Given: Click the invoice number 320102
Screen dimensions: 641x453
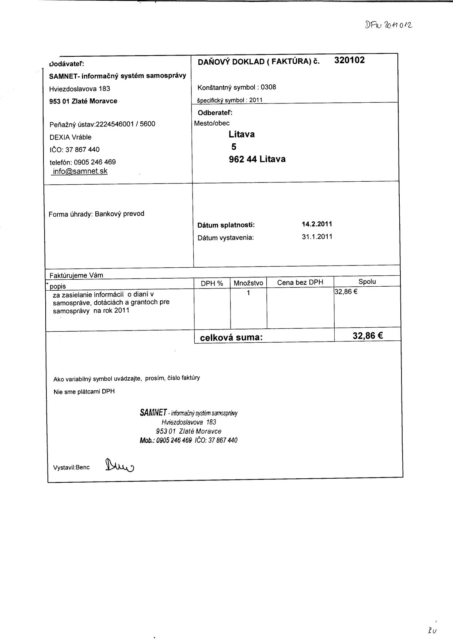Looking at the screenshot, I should coord(349,60).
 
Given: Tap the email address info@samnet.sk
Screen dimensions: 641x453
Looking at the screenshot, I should coord(80,171).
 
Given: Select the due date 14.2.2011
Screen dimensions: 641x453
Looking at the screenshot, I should coord(317,224).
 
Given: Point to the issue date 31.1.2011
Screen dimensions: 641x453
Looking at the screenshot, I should coord(317,237).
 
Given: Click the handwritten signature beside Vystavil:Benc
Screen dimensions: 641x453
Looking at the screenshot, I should coord(119,465).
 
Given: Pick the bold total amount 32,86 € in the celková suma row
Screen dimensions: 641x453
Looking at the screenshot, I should coord(368,336).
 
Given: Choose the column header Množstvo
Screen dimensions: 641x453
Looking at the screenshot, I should coord(248,283).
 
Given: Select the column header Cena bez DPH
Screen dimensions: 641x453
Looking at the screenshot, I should coord(300,282).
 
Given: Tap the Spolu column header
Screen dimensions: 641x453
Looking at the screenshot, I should coord(367,282).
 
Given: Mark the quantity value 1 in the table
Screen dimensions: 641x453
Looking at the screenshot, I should coord(248,293).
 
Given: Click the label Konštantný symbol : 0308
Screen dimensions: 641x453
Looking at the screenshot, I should coord(237,87).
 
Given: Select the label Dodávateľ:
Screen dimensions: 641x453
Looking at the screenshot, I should coord(67,64).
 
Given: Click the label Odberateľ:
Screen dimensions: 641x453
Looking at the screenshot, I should coord(215,113).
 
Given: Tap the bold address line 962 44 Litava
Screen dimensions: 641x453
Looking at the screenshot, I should coord(257,159).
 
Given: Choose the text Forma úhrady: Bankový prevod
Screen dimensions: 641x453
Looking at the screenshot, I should coord(96,214).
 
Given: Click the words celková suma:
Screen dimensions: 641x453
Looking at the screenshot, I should coord(231,338).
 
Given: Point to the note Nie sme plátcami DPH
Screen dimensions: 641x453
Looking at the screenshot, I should coord(84,392).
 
